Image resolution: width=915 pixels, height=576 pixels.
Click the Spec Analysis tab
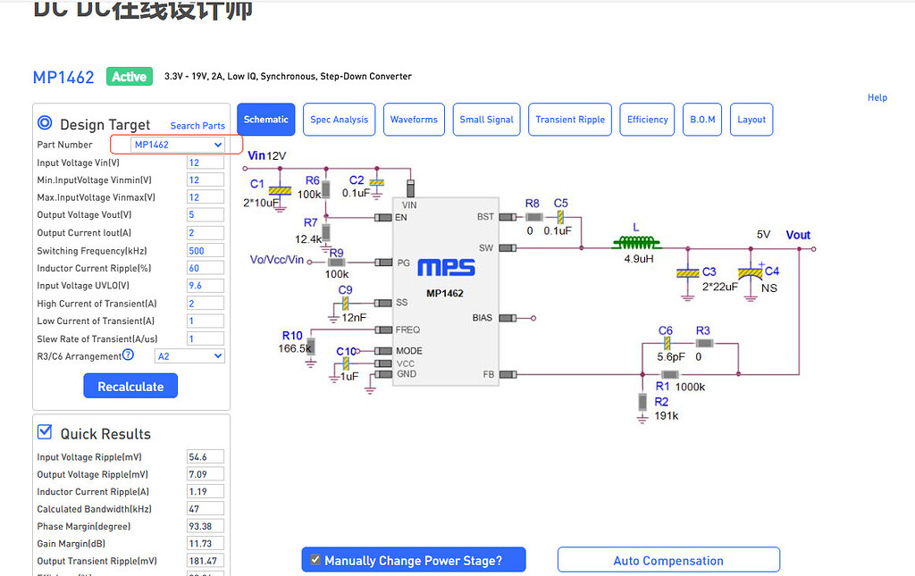point(339,120)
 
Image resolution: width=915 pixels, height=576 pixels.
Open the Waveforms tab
point(414,120)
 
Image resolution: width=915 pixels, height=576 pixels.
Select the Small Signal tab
point(487,120)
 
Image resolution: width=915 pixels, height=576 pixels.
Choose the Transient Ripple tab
point(570,120)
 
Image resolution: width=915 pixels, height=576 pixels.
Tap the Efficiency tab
point(648,120)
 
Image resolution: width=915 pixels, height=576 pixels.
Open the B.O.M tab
point(703,120)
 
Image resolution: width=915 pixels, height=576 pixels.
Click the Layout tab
point(751,120)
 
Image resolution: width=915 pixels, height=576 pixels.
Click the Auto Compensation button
point(668,560)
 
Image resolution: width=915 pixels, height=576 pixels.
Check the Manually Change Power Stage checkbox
point(315,560)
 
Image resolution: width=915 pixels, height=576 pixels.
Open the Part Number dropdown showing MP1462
point(177,145)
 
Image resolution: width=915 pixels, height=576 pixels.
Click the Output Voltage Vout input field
point(205,215)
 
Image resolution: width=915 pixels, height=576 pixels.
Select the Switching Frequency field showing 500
point(205,251)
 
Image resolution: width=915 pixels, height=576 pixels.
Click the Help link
point(877,97)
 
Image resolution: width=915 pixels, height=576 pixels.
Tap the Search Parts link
point(197,126)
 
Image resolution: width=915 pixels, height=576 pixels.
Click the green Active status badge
point(130,77)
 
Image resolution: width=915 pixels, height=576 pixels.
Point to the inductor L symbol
point(636,241)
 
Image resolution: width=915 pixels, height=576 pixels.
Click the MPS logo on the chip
point(446,267)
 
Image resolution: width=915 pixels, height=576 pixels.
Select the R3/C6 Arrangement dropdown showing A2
point(189,356)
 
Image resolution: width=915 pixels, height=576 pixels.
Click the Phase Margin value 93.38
point(205,526)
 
